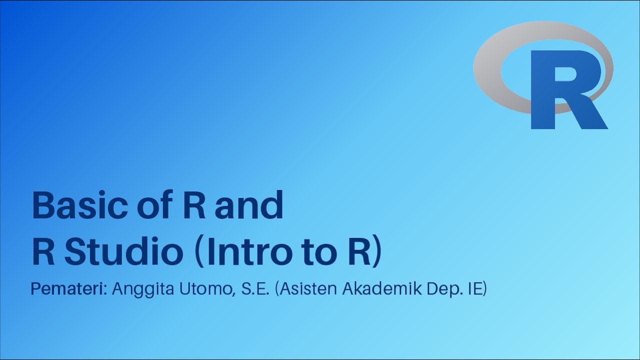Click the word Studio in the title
click(x=124, y=253)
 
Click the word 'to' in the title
click(x=314, y=253)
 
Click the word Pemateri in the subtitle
click(x=68, y=290)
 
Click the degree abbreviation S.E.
click(x=255, y=290)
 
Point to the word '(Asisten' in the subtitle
click(x=306, y=290)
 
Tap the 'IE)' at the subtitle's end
click(x=476, y=290)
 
